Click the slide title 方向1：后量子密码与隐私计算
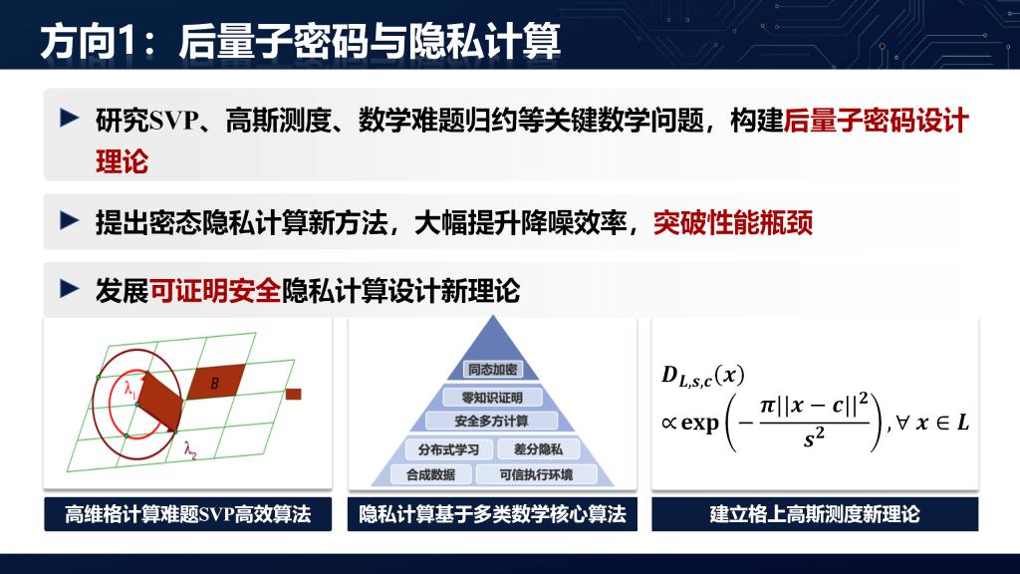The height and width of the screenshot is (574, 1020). (x=300, y=41)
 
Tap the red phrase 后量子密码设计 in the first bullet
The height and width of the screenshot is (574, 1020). (x=877, y=121)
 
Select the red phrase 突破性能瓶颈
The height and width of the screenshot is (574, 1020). (x=733, y=222)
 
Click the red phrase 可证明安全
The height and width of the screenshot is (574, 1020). (x=215, y=290)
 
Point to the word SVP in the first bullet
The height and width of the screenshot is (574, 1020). (x=174, y=121)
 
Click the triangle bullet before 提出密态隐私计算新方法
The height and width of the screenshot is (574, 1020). (x=69, y=220)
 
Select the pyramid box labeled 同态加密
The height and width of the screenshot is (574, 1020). (x=492, y=370)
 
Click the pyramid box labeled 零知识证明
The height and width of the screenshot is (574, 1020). (x=492, y=397)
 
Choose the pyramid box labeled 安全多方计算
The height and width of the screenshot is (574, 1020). (x=492, y=422)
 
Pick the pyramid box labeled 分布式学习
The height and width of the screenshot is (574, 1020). (x=448, y=449)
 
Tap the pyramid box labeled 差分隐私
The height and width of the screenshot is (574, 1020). (x=538, y=449)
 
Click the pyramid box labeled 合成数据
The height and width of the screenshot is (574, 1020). (x=430, y=474)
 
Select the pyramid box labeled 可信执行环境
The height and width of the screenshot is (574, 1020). (x=536, y=474)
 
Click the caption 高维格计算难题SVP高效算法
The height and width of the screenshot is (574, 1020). (x=188, y=514)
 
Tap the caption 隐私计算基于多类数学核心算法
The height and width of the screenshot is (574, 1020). (x=492, y=514)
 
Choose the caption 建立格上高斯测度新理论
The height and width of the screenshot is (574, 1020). (x=815, y=514)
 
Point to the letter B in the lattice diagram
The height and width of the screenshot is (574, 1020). (x=215, y=384)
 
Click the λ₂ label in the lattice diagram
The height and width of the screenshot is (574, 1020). (x=190, y=449)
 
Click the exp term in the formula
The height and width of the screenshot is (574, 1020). (x=699, y=424)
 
